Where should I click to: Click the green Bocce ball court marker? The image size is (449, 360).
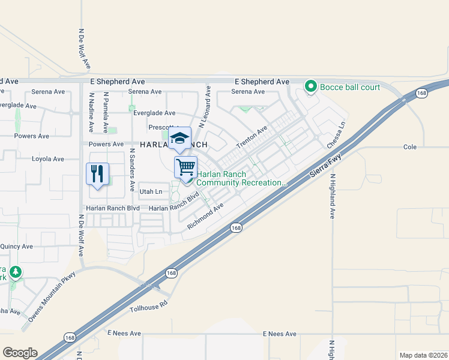[x=311, y=87]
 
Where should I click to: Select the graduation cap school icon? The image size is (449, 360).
[x=179, y=139]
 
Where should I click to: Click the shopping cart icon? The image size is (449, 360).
[x=186, y=166]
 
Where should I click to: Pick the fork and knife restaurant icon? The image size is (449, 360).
[x=97, y=174]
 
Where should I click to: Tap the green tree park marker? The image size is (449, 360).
[x=15, y=273]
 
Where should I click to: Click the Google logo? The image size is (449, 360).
[x=20, y=353]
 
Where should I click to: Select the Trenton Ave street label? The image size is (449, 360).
[x=252, y=139]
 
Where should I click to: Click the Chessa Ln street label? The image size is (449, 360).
[x=337, y=136]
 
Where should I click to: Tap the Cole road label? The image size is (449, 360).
[x=410, y=147]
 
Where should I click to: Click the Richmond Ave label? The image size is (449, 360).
[x=205, y=216]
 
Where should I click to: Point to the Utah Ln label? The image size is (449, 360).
[x=151, y=192]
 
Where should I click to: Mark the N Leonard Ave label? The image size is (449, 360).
[x=205, y=106]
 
